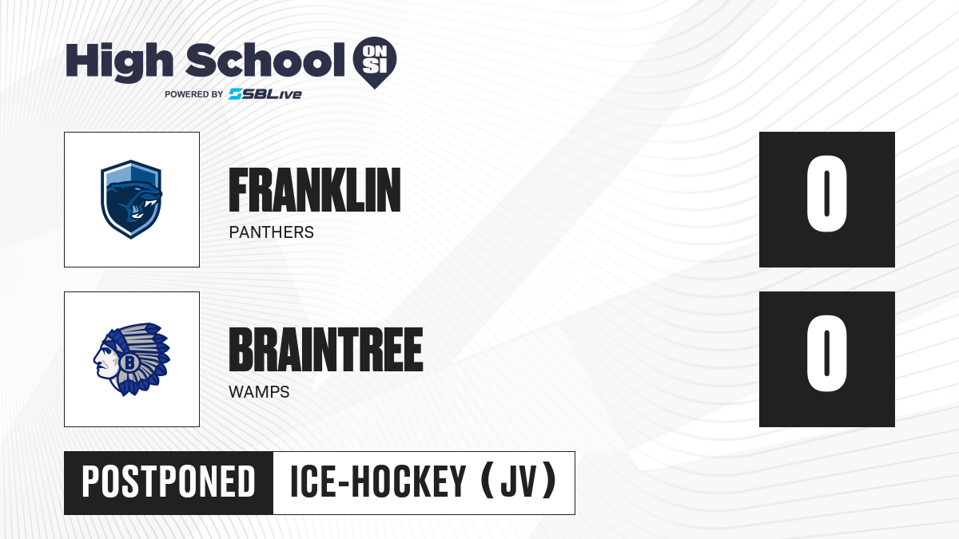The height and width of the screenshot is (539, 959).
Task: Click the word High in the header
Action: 119,61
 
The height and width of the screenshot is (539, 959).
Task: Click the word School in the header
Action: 265,60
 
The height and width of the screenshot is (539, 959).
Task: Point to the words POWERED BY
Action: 194,94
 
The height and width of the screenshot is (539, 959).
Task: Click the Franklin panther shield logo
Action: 131,200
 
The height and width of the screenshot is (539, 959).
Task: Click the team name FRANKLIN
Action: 315,190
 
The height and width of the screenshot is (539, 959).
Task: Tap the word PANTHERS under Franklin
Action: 272,232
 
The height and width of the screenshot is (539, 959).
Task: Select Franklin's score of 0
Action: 826,193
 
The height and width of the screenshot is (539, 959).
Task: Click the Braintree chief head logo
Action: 131,359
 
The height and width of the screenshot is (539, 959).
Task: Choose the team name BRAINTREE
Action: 326,350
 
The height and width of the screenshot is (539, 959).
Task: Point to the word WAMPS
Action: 259,392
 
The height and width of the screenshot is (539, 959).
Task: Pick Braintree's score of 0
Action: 826,353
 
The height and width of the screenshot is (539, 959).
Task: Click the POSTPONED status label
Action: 169,482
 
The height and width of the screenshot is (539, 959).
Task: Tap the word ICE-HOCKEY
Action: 378,482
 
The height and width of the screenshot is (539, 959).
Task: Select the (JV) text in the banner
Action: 519,482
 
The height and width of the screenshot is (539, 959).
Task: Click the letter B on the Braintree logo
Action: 129,363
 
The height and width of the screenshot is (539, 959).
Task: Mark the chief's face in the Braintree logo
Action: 105,360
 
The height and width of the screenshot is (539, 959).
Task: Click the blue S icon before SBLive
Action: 236,94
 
